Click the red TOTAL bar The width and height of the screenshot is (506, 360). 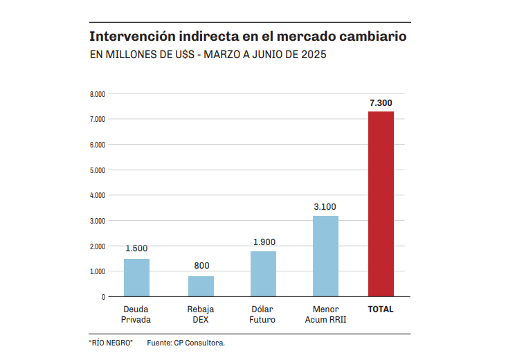pyautogui.click(x=381, y=204)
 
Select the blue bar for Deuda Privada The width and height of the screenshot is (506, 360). pyautogui.click(x=136, y=278)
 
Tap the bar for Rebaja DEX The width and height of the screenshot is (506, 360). pyautogui.click(x=201, y=286)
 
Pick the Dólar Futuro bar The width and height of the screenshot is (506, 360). pyautogui.click(x=263, y=273)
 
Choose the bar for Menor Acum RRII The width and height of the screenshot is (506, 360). pyautogui.click(x=325, y=256)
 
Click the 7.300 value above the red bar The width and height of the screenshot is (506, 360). pyautogui.click(x=381, y=103)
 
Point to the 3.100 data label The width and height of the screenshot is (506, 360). pyautogui.click(x=325, y=207)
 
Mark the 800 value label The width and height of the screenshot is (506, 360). pyautogui.click(x=201, y=266)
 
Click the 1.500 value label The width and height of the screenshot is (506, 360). pyautogui.click(x=136, y=249)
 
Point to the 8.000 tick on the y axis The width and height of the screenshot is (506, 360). pyautogui.click(x=97, y=94)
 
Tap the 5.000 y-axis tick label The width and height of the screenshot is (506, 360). pyautogui.click(x=97, y=170)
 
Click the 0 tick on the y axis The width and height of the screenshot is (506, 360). pyautogui.click(x=103, y=297)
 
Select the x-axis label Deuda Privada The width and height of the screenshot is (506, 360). pyautogui.click(x=136, y=314)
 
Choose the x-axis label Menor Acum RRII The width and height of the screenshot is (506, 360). pyautogui.click(x=325, y=314)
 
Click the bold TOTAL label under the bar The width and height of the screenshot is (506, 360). pyautogui.click(x=381, y=309)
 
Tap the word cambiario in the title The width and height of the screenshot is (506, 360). pyautogui.click(x=368, y=35)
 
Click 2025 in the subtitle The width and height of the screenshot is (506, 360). pyautogui.click(x=311, y=55)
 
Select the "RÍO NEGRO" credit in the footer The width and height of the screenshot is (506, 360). pyautogui.click(x=111, y=343)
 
